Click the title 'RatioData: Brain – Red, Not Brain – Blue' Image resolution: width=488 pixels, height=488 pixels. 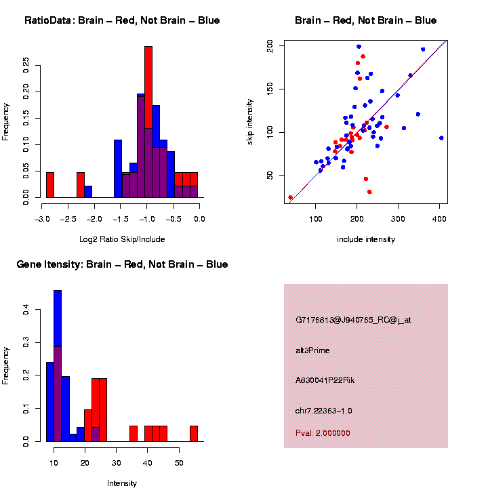(x=122, y=21)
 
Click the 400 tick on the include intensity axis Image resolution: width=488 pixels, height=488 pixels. (x=439, y=219)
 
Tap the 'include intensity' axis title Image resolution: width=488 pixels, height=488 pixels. (x=366, y=239)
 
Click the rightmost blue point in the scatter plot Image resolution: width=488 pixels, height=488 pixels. (x=441, y=138)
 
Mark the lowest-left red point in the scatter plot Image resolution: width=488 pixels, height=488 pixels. (x=291, y=197)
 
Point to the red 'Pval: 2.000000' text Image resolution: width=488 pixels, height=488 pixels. (x=323, y=432)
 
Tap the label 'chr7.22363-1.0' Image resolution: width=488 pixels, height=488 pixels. (x=323, y=411)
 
